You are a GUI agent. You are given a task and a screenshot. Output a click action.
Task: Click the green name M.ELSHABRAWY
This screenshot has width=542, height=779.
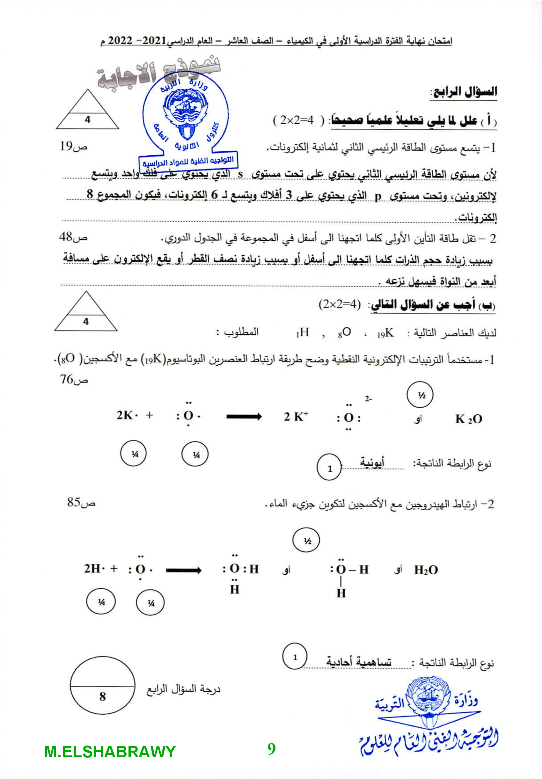tap(110, 752)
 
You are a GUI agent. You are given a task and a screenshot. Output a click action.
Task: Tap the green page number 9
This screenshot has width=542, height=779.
tap(271, 748)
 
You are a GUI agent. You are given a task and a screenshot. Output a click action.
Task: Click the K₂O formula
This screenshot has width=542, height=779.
tap(468, 419)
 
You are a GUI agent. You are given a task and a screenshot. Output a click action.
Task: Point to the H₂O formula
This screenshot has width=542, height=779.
tap(426, 570)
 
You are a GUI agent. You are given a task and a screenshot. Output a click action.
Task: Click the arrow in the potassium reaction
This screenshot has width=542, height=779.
tap(244, 417)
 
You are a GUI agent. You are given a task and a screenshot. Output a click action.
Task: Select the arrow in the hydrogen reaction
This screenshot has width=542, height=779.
tap(184, 570)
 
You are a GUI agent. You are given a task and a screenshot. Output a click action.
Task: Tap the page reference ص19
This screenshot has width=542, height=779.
tap(73, 147)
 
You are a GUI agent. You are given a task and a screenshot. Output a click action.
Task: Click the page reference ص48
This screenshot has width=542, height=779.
tap(73, 237)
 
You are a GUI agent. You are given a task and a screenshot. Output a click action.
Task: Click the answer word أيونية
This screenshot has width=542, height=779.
tap(372, 462)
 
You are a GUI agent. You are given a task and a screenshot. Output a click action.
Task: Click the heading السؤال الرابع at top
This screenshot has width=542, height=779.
tap(463, 91)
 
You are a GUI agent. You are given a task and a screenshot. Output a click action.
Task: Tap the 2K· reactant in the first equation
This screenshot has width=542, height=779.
tap(127, 415)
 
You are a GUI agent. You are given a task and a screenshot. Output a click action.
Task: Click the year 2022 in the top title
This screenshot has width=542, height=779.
tap(120, 41)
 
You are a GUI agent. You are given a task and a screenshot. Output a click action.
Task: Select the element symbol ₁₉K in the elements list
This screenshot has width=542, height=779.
tap(385, 333)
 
